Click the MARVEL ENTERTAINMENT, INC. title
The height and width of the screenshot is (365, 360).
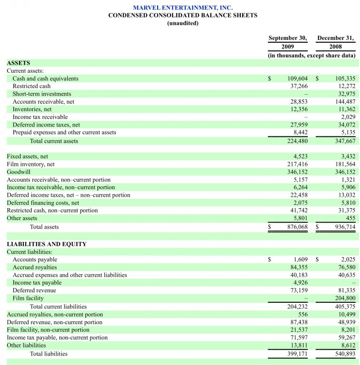tap(183, 8)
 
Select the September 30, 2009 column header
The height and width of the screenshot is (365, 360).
tap(287, 42)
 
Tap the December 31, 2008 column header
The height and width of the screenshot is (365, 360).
tap(335, 42)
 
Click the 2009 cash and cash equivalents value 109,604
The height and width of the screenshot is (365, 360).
tap(297, 78)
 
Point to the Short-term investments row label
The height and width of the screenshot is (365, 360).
tap(42, 94)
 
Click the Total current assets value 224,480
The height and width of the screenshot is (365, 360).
tap(297, 141)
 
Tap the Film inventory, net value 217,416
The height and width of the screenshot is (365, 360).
tap(297, 164)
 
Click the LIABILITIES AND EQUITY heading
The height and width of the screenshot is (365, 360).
tap(47, 244)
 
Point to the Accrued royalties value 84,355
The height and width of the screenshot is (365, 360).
tap(299, 268)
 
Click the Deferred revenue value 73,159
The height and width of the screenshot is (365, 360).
tap(299, 290)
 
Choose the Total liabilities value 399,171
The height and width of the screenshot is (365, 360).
tap(297, 354)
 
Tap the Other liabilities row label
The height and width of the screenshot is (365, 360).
tap(26, 346)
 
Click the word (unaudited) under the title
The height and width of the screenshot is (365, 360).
tap(183, 23)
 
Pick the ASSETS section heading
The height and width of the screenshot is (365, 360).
tap(19, 63)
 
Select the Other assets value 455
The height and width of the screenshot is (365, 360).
tap(350, 218)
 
